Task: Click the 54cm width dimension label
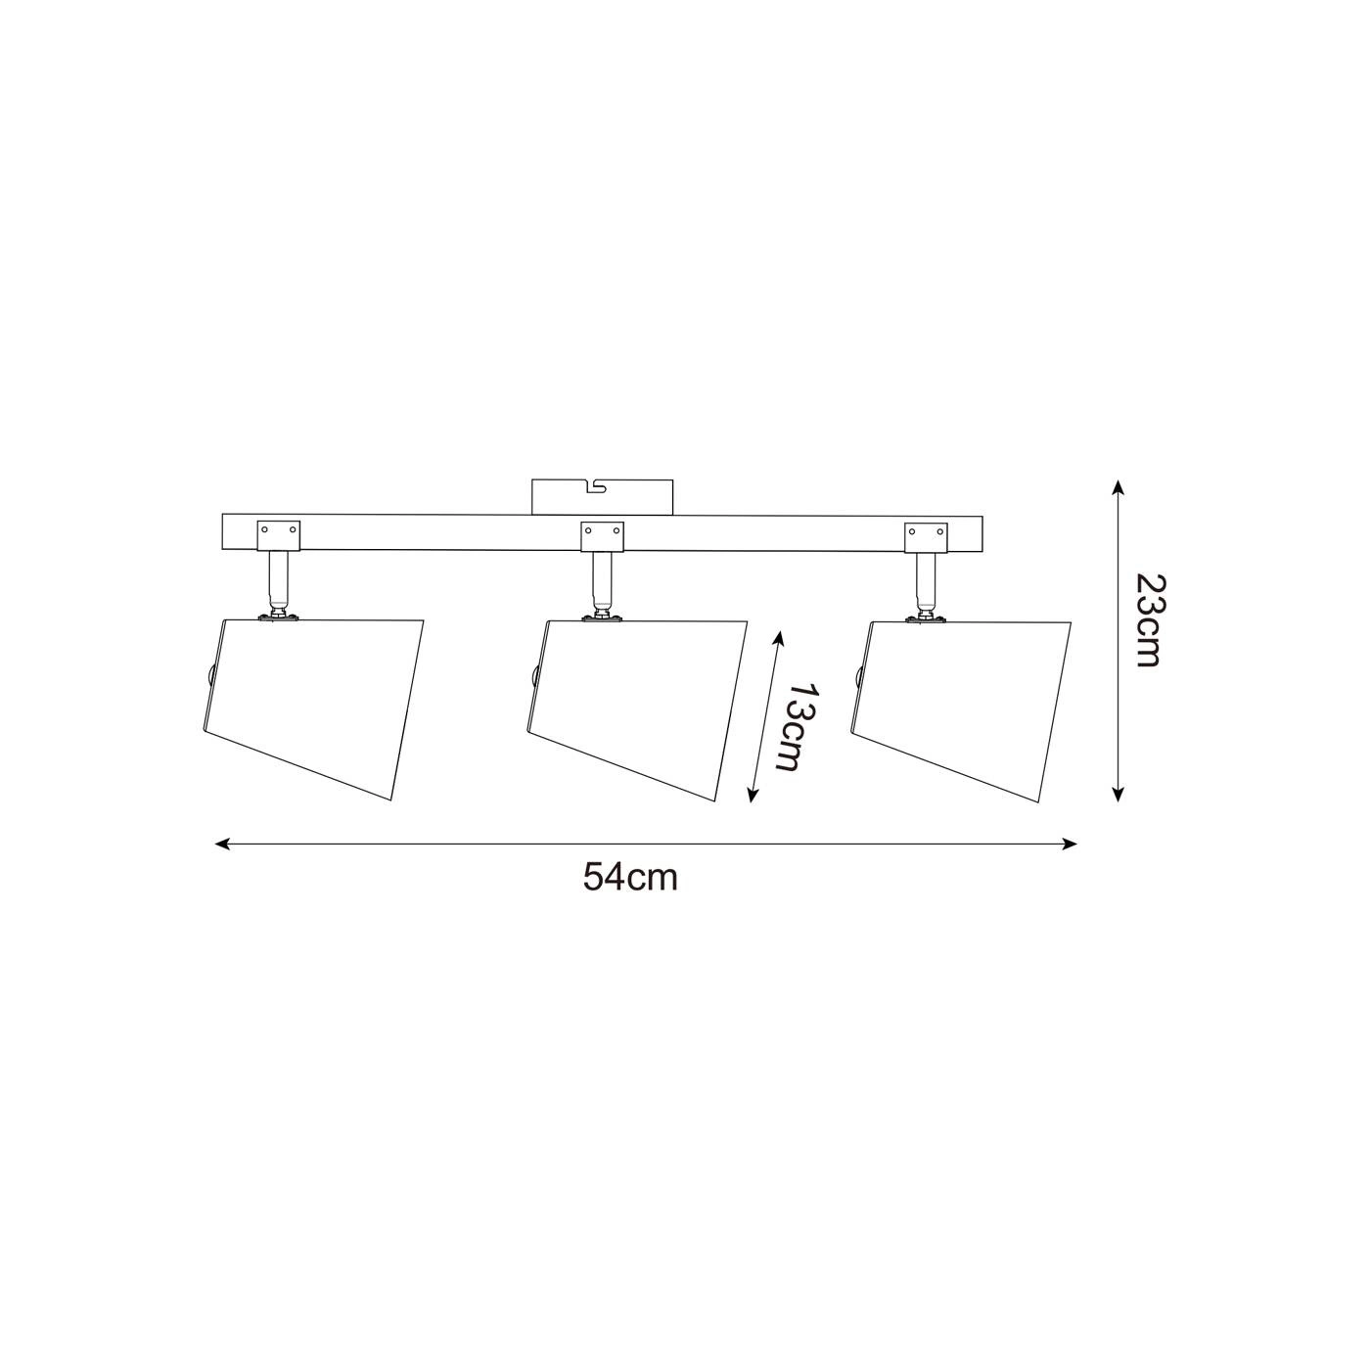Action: tap(630, 878)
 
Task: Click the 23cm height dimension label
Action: tap(1147, 621)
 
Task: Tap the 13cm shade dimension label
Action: tap(802, 728)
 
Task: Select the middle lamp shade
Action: tap(637, 711)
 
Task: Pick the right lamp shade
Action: tap(961, 711)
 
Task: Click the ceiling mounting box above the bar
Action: tap(602, 496)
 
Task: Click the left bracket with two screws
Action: tap(279, 535)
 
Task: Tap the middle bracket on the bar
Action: tap(602, 537)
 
